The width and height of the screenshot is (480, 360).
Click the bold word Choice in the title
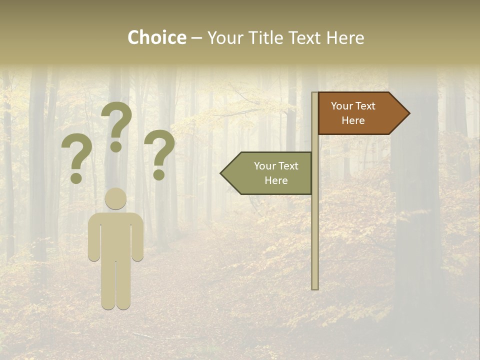pos(156,37)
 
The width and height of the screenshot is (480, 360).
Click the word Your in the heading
pos(225,37)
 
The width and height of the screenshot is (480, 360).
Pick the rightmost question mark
pos(159,153)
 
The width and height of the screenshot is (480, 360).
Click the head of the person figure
pos(116,199)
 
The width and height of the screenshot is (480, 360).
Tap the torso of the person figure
pos(116,235)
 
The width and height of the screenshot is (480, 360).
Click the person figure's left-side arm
pos(93,237)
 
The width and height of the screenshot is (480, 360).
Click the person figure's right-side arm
pos(138,237)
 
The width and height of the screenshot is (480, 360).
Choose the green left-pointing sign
pos(272,173)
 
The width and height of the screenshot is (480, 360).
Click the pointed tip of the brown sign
pos(407,113)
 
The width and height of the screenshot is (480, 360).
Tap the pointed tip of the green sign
pos(223,173)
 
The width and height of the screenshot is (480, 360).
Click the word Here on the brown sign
pos(353,120)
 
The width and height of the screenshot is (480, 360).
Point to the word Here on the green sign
pos(276,180)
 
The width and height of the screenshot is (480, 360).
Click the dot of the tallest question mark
pos(116,146)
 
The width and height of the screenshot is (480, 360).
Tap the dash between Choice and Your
pos(196,38)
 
